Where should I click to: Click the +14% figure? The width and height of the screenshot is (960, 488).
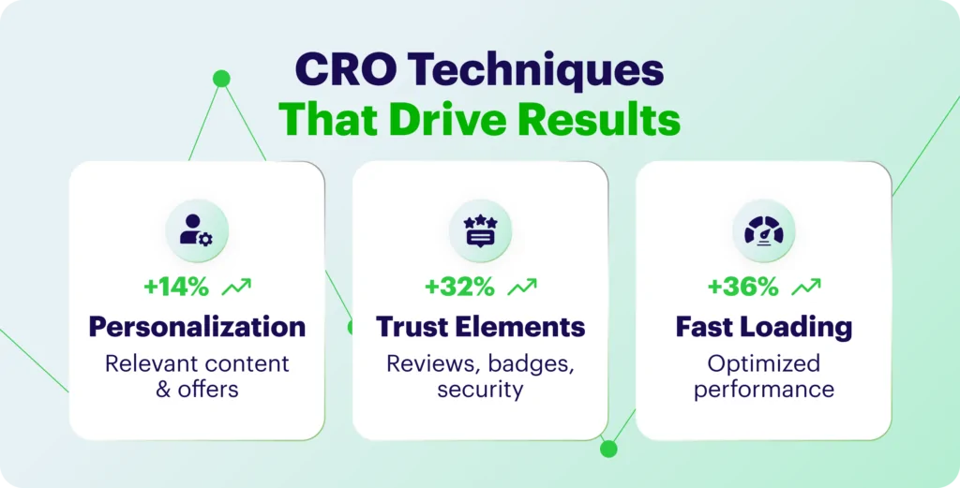[x=176, y=287]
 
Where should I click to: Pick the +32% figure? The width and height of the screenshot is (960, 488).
[x=459, y=287]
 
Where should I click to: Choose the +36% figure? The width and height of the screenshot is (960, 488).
[x=743, y=287]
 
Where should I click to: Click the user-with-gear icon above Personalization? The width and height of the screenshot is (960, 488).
[x=197, y=230]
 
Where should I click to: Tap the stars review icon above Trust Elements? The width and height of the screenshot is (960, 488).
[x=480, y=230]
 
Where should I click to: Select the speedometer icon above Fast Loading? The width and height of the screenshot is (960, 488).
[x=763, y=230]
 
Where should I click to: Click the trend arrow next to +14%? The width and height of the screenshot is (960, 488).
[x=236, y=287]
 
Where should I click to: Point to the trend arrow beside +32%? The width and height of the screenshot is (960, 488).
[x=522, y=287]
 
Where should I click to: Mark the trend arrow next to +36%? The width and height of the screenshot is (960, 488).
[x=805, y=287]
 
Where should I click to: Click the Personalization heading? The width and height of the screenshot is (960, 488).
[x=197, y=327]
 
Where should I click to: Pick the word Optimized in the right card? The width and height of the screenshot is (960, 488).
[x=763, y=363]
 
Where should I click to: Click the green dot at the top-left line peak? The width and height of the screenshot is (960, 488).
[x=221, y=79]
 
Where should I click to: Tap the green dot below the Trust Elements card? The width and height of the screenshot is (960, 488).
[x=608, y=449]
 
